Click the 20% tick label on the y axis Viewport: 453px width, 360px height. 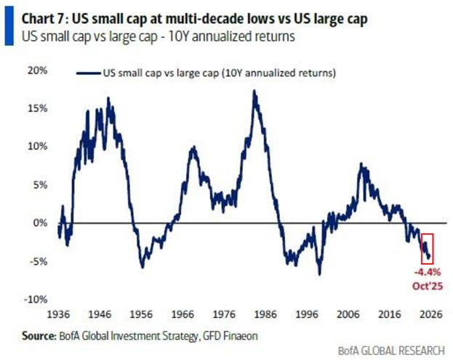coord(37,71)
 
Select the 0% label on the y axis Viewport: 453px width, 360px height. coord(40,223)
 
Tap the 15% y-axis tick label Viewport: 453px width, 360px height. coord(37,108)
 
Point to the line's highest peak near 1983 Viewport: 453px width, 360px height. coord(254,92)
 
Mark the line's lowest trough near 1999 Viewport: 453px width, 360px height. coord(319,274)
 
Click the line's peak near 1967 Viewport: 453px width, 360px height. coord(193,148)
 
